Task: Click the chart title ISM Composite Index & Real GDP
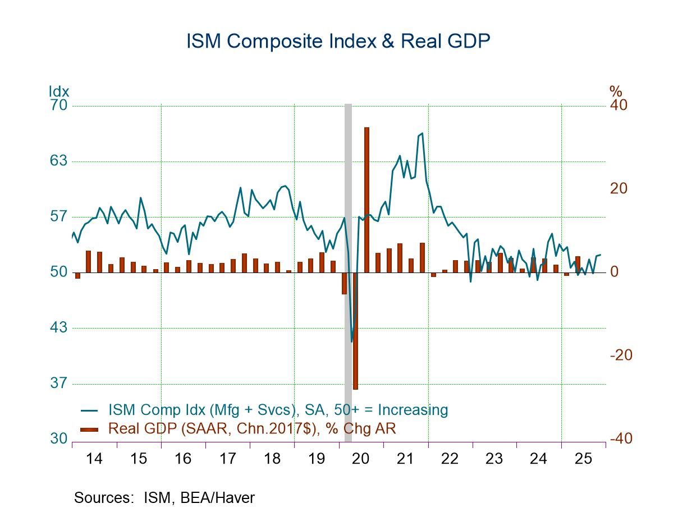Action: click(x=338, y=41)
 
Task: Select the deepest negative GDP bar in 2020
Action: click(x=355, y=331)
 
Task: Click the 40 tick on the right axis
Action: click(x=619, y=105)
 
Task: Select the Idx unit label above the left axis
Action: click(x=59, y=91)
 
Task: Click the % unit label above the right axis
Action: click(x=616, y=91)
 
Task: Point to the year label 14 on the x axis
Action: click(x=94, y=459)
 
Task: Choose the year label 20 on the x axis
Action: click(x=361, y=459)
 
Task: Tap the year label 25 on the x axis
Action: click(x=583, y=459)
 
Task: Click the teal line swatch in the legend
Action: click(x=89, y=410)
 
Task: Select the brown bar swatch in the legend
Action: click(x=89, y=429)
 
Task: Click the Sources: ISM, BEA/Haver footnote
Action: click(x=164, y=497)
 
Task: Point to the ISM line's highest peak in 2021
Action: click(x=422, y=133)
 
